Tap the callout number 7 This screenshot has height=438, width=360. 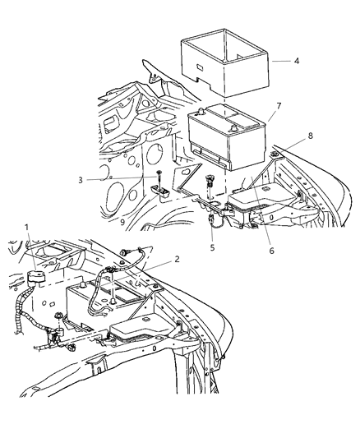[x=279, y=105]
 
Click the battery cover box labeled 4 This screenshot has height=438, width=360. [x=220, y=62]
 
